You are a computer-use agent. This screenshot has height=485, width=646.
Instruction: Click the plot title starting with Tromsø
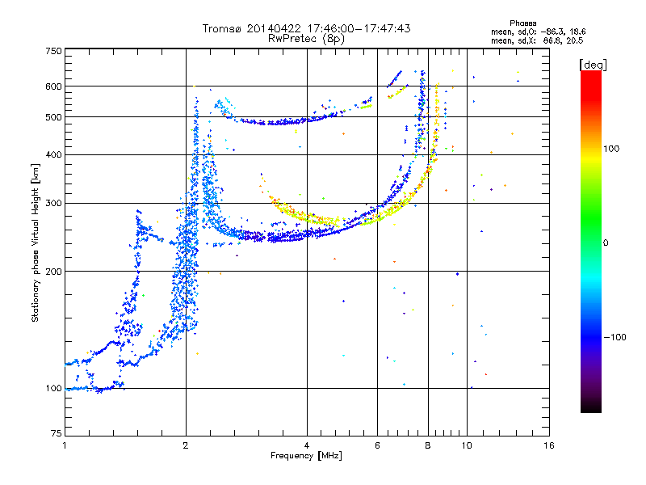306,28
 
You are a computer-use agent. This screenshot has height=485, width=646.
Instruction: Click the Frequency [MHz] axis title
306,457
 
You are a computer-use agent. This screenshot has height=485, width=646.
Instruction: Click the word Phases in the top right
525,22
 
